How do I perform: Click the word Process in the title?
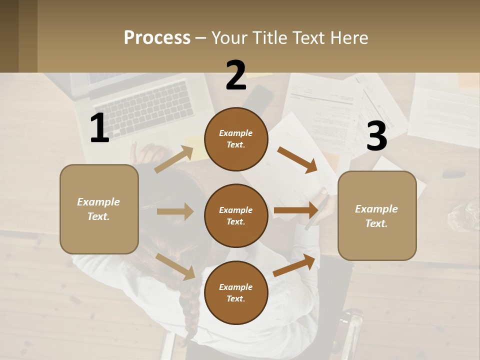click(x=157, y=37)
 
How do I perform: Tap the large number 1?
click(x=99, y=128)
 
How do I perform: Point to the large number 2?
click(x=236, y=75)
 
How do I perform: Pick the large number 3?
click(x=376, y=136)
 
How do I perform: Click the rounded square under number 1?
click(x=99, y=209)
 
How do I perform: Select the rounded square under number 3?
click(x=377, y=215)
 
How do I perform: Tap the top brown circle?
click(x=236, y=139)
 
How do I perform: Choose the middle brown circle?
click(x=236, y=215)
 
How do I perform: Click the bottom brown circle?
click(x=236, y=292)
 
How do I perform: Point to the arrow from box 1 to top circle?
click(x=174, y=159)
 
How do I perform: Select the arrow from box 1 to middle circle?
click(x=175, y=211)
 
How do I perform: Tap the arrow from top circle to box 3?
click(x=297, y=159)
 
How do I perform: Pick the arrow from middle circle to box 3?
click(x=296, y=210)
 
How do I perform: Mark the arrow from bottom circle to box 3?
click(x=294, y=265)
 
